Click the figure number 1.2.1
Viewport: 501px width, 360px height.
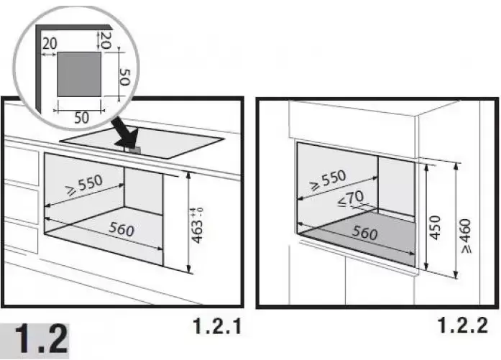[x=217, y=326]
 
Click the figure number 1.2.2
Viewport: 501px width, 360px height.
[x=462, y=326]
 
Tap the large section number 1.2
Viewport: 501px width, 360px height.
[x=41, y=340]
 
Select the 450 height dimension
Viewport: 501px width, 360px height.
[x=435, y=228]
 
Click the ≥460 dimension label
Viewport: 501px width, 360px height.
[x=466, y=236]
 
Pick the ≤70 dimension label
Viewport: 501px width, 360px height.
[x=351, y=199]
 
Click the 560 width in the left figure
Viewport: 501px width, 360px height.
[x=121, y=229]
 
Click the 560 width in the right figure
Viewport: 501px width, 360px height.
[x=364, y=232]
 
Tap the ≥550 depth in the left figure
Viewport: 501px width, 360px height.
[x=84, y=185]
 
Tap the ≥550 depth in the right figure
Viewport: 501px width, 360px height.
[x=328, y=180]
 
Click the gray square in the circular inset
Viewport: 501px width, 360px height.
[x=79, y=74]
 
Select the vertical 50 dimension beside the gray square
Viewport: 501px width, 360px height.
[x=124, y=77]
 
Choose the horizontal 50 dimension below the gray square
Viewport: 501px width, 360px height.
[x=81, y=118]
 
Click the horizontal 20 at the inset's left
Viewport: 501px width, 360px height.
[x=50, y=44]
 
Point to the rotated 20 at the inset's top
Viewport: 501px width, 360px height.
[x=106, y=40]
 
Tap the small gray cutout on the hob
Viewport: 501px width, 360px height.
[x=134, y=149]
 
